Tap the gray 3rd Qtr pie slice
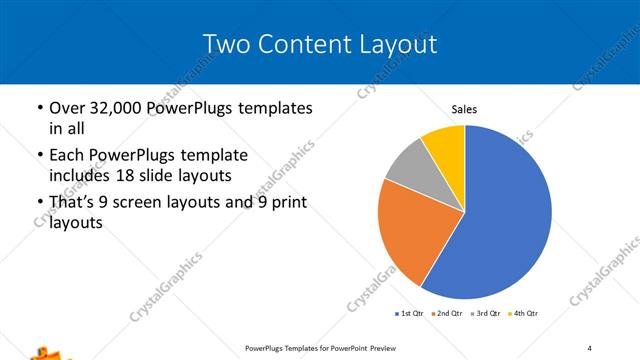[x=411, y=166]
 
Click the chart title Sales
[x=464, y=108]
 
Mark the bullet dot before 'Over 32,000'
[x=38, y=108]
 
